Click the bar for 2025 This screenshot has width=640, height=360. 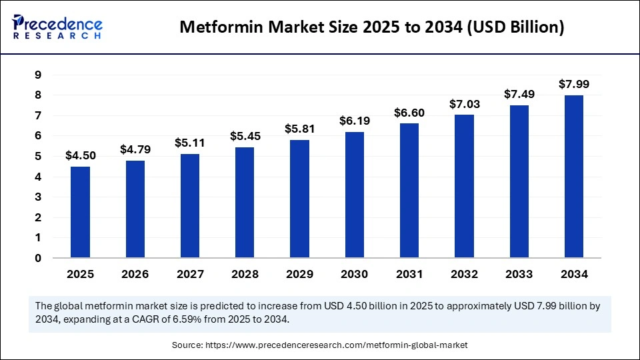coord(81,212)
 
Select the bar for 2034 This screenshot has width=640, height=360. coord(574,177)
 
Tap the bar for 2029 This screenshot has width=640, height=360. coord(300,199)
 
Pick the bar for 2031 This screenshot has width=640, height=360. coord(409,191)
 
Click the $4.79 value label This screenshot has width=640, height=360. coord(135,150)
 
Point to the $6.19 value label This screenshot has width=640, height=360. coord(355,121)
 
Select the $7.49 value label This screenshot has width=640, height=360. coord(519,95)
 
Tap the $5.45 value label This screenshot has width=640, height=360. coord(245,136)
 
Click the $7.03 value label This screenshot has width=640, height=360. coord(464,104)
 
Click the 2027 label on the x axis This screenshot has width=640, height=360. coord(190,274)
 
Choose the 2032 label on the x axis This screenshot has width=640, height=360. coord(464,274)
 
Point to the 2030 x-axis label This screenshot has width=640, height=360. coord(355,274)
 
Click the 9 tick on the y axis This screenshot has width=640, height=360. coord(37,75)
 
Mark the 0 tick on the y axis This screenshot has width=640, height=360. coord(37,258)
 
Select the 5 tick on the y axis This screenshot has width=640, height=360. coord(37,157)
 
